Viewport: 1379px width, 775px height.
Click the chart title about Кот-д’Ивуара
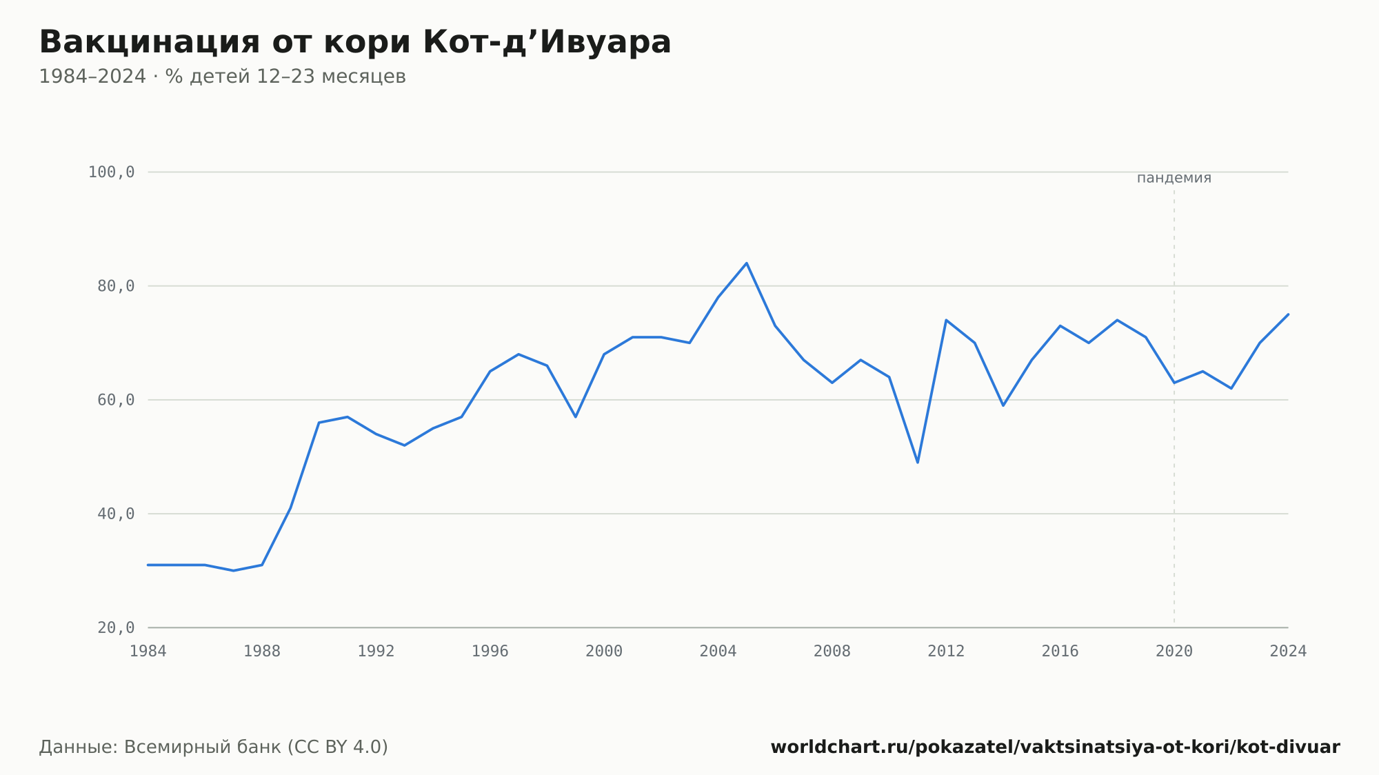coord(355,42)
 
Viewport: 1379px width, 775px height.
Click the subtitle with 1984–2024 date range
coord(222,77)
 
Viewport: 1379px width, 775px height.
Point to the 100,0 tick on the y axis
coord(111,172)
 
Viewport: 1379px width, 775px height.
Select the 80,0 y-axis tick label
coord(116,286)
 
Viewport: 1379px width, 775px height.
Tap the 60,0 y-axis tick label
coord(116,400)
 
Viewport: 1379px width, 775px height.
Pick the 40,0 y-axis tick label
coord(116,514)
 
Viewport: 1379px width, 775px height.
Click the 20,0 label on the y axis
coord(116,627)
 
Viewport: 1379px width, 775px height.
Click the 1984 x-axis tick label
coord(148,652)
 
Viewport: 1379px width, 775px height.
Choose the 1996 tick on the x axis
coord(490,652)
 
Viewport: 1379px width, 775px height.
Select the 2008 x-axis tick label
coord(832,652)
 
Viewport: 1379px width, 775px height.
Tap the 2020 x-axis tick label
coord(1174,652)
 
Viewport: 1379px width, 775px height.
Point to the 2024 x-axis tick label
coord(1288,652)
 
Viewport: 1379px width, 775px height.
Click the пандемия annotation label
coord(1174,178)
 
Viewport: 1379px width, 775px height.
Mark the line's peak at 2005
coord(747,263)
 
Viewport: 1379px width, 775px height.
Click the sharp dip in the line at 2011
coord(918,462)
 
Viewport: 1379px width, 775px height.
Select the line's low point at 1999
coord(576,416)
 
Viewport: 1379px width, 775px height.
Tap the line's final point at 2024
coord(1288,314)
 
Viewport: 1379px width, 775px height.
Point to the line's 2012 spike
coord(946,320)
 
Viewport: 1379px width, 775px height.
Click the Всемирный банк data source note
coord(214,747)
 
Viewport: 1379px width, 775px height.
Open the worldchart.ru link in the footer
coord(1055,747)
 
